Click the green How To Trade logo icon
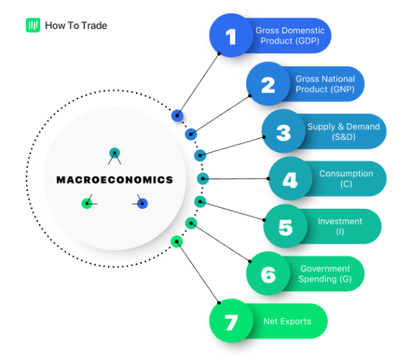[33, 25]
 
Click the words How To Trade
[76, 25]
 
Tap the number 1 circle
[232, 36]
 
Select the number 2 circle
[268, 84]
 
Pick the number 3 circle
[283, 131]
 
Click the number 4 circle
[290, 179]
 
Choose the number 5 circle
[285, 226]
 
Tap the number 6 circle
[268, 273]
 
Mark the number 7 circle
[231, 321]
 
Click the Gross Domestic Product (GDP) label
[290, 36]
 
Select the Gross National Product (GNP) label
[325, 84]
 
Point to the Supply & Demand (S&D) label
[343, 131]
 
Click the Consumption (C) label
[345, 179]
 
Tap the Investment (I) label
[339, 226]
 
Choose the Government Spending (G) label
[325, 273]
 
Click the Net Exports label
[287, 321]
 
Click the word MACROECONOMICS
[115, 180]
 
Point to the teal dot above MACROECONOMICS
[115, 152]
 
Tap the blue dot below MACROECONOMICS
[142, 203]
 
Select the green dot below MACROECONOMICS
[87, 203]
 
